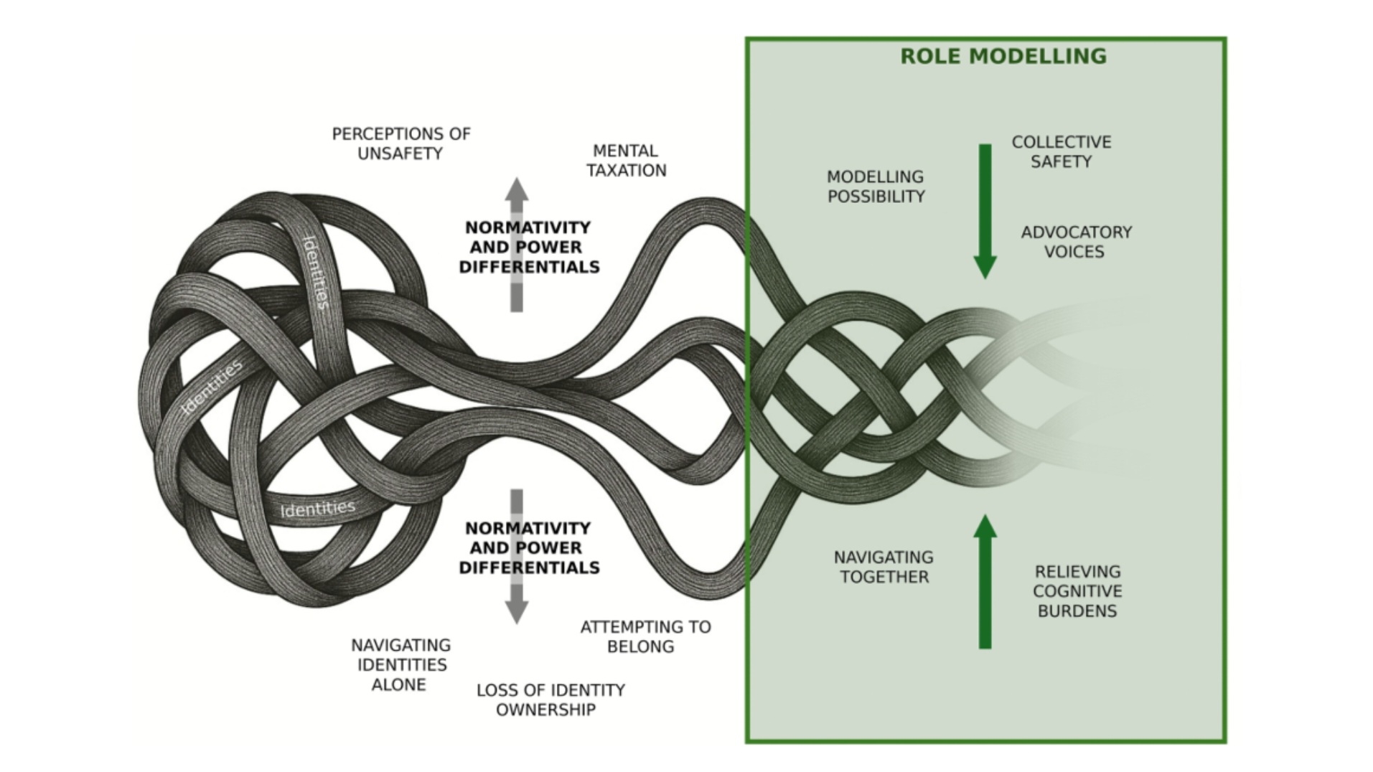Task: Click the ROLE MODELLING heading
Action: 1003,56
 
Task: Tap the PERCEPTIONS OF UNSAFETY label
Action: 400,143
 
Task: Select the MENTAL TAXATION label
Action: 626,161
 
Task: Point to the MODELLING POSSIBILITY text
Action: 876,187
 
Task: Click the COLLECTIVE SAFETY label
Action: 1061,152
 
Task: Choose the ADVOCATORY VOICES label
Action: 1075,242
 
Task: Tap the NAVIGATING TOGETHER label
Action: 884,567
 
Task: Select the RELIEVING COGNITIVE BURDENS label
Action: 1077,591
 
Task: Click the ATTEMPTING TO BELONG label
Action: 645,636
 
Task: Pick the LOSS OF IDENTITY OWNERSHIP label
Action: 550,700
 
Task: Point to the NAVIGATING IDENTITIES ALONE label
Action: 400,665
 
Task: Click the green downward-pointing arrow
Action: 985,212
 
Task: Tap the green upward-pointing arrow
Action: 985,581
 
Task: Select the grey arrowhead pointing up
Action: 516,189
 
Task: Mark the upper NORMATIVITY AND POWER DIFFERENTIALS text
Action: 529,247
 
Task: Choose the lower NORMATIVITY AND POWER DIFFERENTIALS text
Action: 529,547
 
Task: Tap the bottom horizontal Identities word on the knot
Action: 317,509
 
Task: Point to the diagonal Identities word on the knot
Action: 213,386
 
